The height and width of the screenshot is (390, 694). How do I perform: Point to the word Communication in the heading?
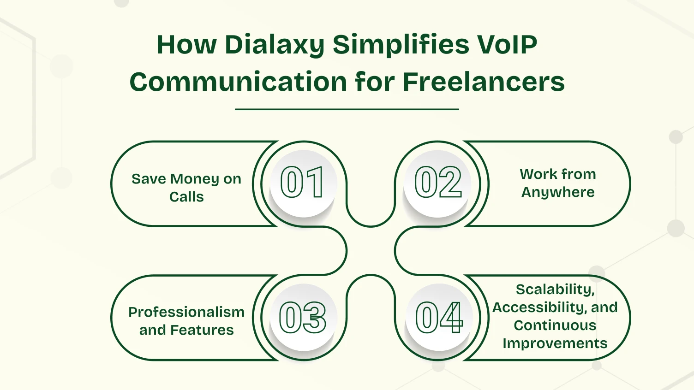point(238,82)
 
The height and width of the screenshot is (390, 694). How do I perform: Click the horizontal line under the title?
point(347,109)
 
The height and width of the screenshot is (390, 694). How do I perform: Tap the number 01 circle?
point(303,183)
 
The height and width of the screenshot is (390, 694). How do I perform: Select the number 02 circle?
point(437,183)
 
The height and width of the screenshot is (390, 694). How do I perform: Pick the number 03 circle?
point(303,317)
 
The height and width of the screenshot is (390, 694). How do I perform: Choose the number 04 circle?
point(438,317)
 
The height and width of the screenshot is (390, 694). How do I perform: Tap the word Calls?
point(186,197)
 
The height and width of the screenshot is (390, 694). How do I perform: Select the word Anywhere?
point(558,192)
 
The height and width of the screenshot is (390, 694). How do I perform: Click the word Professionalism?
point(186,312)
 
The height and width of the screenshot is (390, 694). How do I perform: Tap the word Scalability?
point(555,290)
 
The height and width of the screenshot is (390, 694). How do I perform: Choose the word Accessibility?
point(538,307)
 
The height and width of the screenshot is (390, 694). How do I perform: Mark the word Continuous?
point(555,325)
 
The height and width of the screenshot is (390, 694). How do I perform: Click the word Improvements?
point(555,343)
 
